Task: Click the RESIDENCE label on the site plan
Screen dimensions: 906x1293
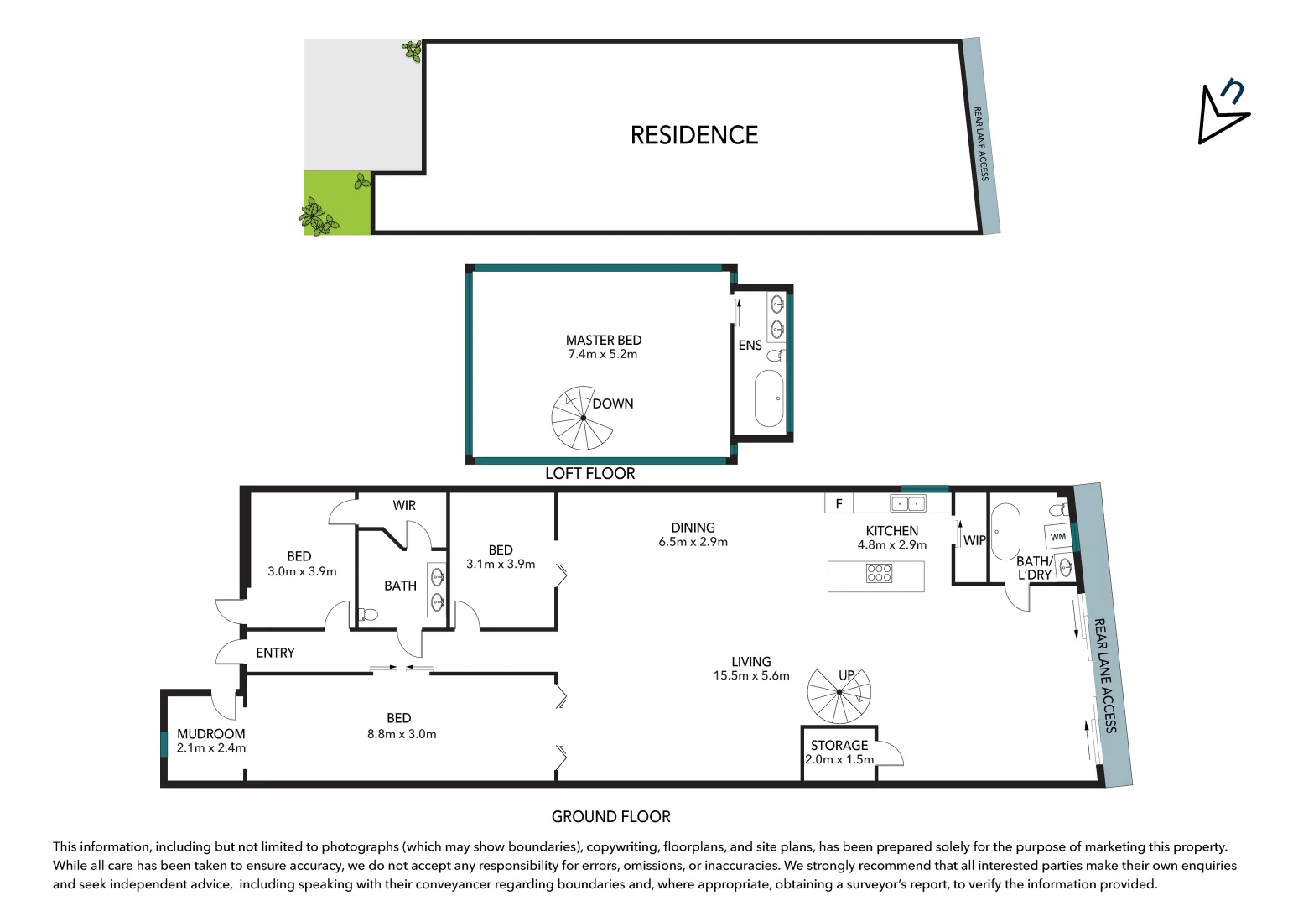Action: [x=693, y=135]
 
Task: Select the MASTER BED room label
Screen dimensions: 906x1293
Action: [x=603, y=340]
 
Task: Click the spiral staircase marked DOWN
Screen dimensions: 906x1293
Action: [x=582, y=418]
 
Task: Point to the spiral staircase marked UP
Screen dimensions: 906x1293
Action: [x=839, y=693]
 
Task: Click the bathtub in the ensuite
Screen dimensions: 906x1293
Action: [x=769, y=398]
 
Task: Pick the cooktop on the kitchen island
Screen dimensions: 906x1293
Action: [x=879, y=574]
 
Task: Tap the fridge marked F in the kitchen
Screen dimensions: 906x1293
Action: [x=839, y=503]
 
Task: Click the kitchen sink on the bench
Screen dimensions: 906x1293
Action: [x=907, y=503]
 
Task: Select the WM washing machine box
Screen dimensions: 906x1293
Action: [x=1058, y=536]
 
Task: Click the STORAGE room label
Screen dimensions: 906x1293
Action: [x=839, y=745]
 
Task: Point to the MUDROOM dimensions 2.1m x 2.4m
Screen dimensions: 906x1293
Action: [x=211, y=748]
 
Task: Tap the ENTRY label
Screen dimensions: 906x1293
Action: [x=275, y=653]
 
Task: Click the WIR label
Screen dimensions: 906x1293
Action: [x=404, y=505]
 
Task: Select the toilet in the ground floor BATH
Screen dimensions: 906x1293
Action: [x=367, y=615]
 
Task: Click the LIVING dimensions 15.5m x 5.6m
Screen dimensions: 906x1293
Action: [x=751, y=676]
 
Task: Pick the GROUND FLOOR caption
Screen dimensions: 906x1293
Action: [x=610, y=816]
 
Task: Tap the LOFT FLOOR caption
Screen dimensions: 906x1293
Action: [x=589, y=474]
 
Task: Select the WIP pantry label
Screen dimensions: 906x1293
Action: [x=974, y=540]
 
